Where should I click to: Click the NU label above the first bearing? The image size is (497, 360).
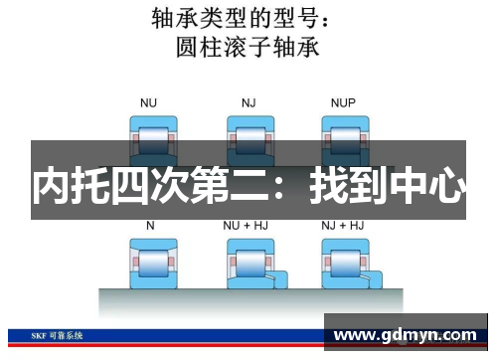[x=149, y=102]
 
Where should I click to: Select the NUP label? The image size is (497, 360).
[x=343, y=102]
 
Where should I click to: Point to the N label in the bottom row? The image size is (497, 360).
[x=150, y=226]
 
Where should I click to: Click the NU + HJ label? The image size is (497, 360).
[x=246, y=226]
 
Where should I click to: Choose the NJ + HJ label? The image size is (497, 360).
[x=342, y=226]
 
